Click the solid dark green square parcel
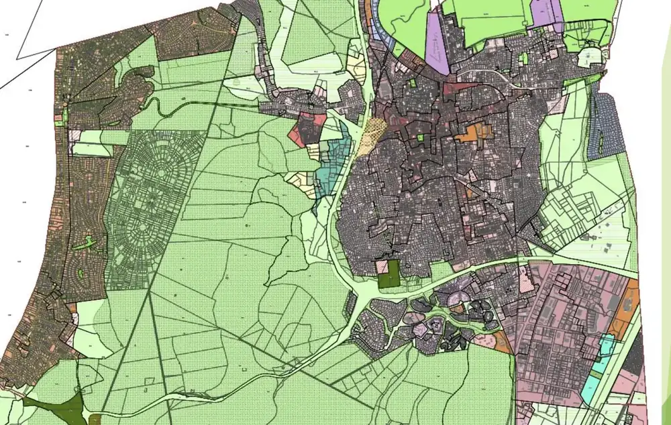point(389,274)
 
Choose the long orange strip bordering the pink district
point(631,308)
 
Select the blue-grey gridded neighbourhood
point(604,127)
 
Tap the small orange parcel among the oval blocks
point(458,309)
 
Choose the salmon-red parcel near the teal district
point(295,135)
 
